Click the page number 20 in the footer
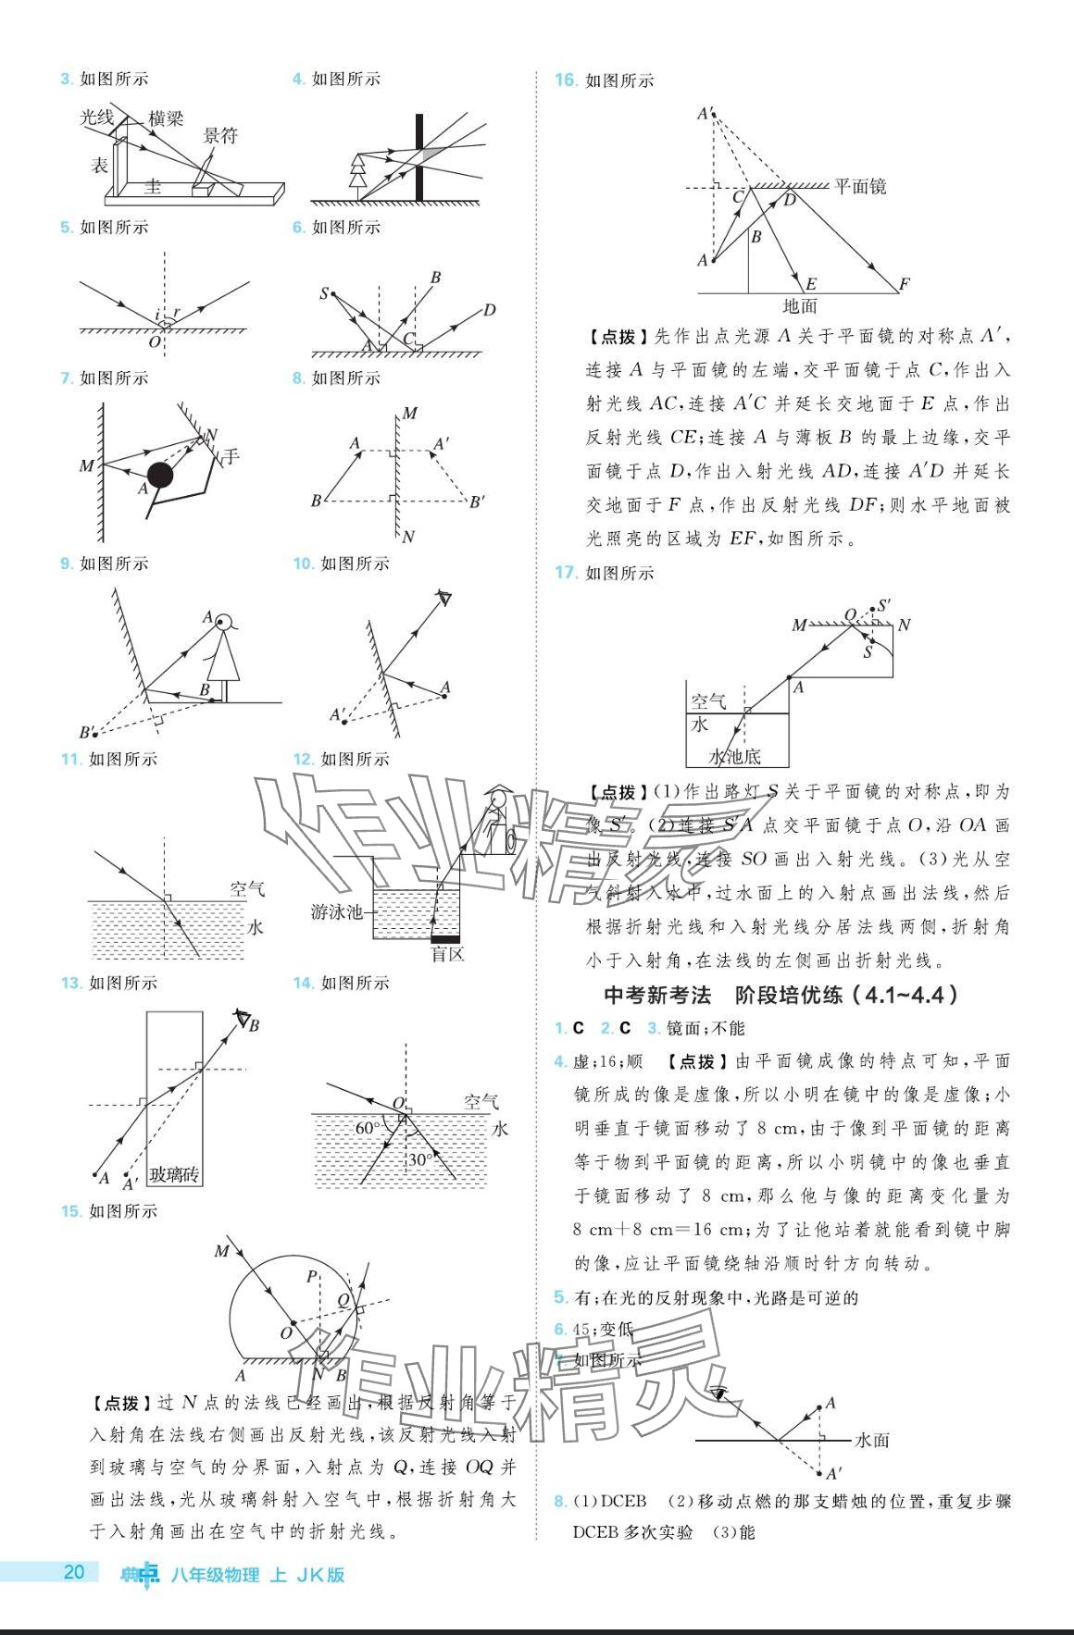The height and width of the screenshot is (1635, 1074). pos(74,1572)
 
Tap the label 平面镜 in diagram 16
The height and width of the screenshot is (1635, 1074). pos(860,186)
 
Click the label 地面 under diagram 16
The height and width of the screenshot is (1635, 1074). pos(800,305)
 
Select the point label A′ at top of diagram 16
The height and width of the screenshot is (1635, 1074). pos(706,114)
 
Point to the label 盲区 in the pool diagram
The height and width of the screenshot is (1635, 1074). pos(448,954)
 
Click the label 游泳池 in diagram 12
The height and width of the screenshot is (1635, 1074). pos(337,911)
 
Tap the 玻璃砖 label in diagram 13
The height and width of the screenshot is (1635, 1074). pos(175,1175)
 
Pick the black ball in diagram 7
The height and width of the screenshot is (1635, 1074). pos(160,476)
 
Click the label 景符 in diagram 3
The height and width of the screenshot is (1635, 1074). pos(221,136)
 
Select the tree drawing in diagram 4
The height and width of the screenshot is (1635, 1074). pos(357,171)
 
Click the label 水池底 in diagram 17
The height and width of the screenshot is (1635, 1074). pos(735,756)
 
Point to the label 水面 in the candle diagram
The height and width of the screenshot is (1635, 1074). pos(872,1440)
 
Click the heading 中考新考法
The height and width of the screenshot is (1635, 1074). pos(656,995)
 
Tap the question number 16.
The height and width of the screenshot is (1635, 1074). pos(566,81)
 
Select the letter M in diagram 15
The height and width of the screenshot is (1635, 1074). pos(221,1252)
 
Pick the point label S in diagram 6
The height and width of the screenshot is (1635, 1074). pos(324,293)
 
